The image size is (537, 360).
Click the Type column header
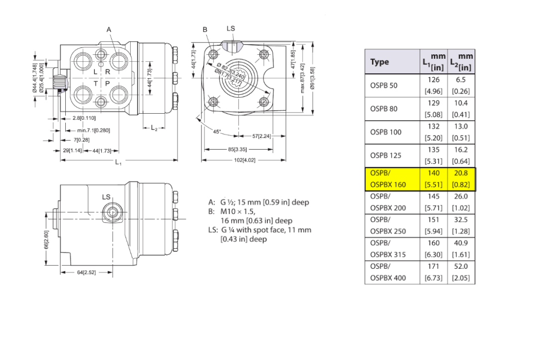click(x=379, y=62)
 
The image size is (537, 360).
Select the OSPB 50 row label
click(x=383, y=86)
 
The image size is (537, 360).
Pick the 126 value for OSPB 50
click(x=434, y=80)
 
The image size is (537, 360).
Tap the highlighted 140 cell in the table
click(x=434, y=173)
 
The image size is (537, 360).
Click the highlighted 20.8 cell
click(x=461, y=173)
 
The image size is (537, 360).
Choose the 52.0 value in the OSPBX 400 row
click(x=461, y=266)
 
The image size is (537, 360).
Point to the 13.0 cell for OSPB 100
click(x=461, y=126)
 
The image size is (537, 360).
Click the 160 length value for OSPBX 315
click(x=434, y=243)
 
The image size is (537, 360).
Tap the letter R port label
click(x=108, y=72)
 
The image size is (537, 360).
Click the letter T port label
click(x=96, y=83)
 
